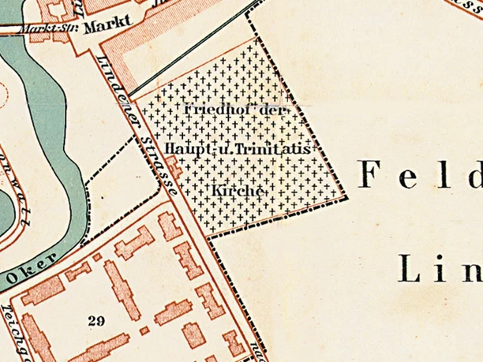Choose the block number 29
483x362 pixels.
point(97,319)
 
